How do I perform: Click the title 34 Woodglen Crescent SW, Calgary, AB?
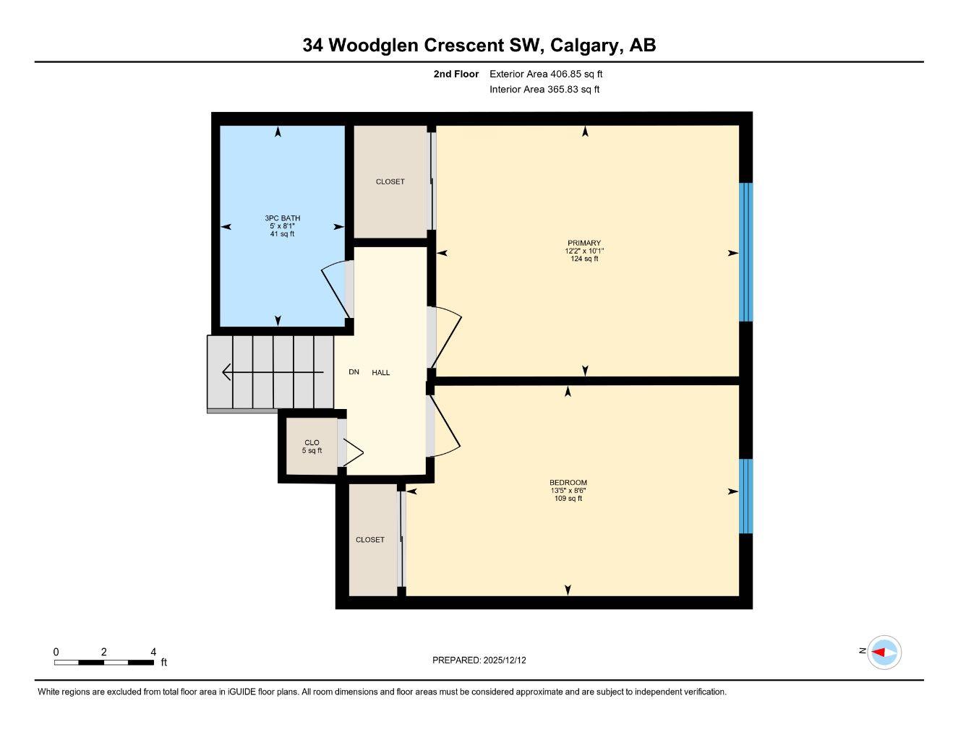click(x=479, y=46)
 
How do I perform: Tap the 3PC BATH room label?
click(x=282, y=218)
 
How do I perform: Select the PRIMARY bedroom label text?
click(x=584, y=244)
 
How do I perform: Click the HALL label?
click(x=381, y=373)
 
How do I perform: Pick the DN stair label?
click(x=354, y=372)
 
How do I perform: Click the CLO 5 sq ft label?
click(x=312, y=447)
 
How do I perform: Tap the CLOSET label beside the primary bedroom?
click(x=390, y=182)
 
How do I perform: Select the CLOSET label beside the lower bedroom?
click(x=370, y=540)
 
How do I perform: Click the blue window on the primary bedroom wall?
click(x=746, y=251)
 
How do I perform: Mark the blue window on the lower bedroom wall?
click(x=746, y=496)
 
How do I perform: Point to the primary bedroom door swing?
click(x=446, y=336)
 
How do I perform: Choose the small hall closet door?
click(x=352, y=452)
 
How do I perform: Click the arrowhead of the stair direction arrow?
click(x=226, y=372)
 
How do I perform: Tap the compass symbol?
click(x=884, y=653)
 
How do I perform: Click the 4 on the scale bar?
click(x=153, y=652)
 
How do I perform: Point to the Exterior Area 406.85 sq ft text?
click(x=546, y=74)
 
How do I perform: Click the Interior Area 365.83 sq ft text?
click(x=544, y=90)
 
